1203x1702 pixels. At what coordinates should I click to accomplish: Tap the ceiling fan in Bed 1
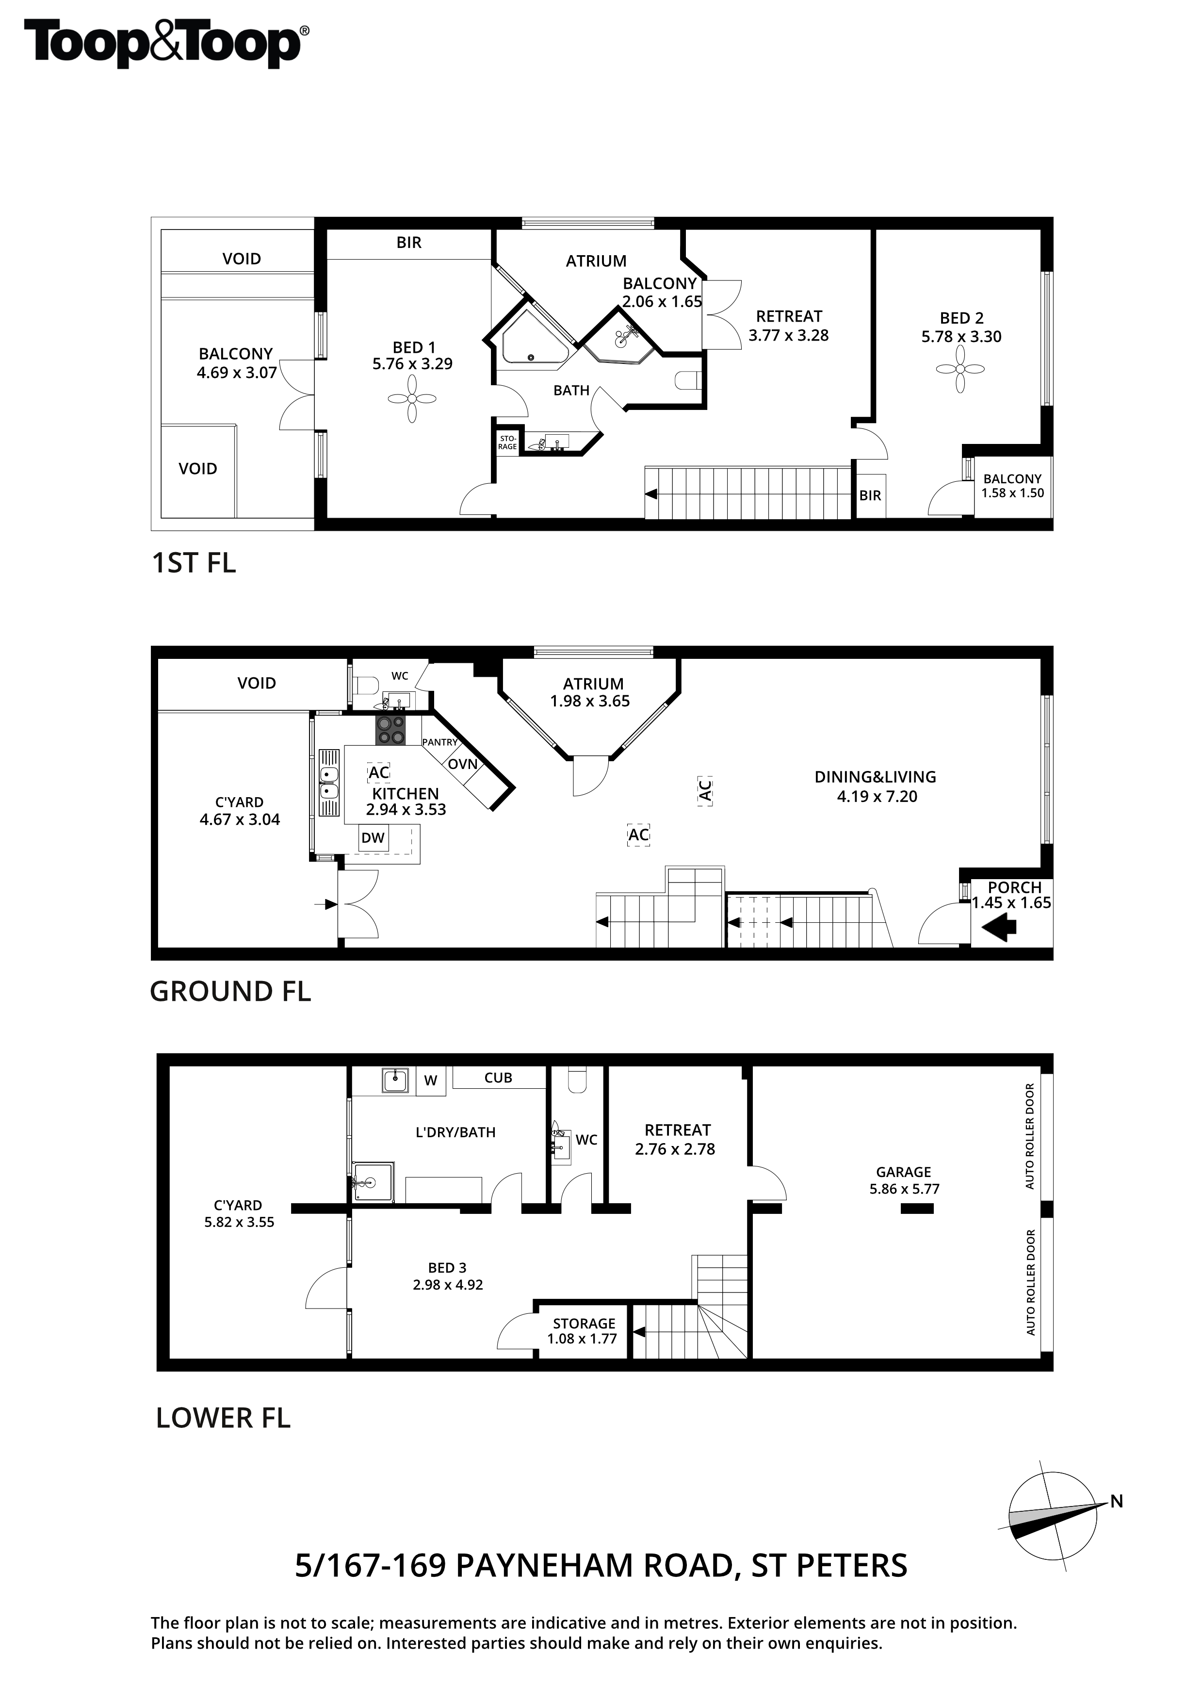coord(412,399)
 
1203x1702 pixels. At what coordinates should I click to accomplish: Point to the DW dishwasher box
coord(373,838)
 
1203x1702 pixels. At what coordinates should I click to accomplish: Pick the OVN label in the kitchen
coord(462,764)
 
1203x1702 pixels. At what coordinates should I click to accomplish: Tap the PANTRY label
coord(440,742)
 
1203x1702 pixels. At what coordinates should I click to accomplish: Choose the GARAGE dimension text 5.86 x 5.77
coord(904,1189)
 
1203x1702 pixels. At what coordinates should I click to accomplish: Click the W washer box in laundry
coord(431,1081)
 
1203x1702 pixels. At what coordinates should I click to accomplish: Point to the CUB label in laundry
coord(498,1078)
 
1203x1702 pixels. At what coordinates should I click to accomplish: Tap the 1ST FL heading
coord(194,563)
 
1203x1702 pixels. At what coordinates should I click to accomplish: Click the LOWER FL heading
coord(223,1418)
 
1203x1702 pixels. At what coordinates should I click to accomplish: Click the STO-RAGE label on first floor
coord(508,442)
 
